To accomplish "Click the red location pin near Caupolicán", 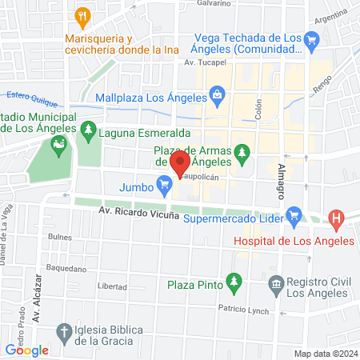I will click(179, 165).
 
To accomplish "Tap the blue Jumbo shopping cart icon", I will click(165, 187).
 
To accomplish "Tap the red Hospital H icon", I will click(336, 218).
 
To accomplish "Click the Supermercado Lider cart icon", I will click(294, 214).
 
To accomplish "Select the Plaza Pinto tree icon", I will click(234, 282).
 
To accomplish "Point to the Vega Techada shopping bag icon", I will click(311, 38).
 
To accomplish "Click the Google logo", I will click(27, 349).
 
